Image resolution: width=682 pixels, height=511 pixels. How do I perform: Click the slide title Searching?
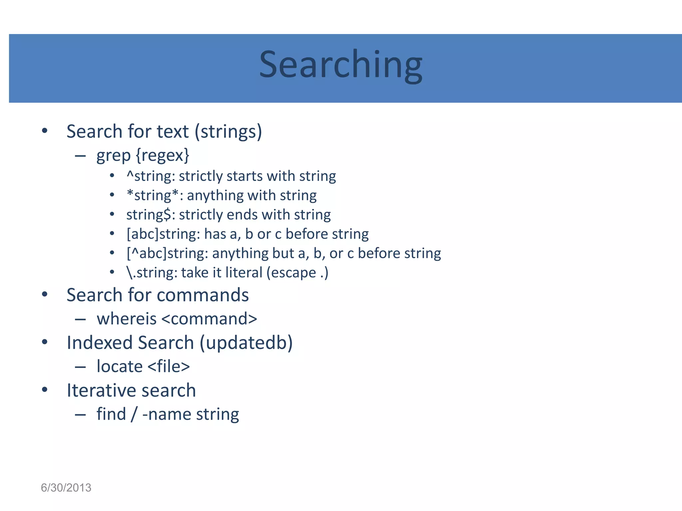tap(341, 65)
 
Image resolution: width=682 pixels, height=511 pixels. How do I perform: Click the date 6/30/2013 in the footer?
tap(66, 488)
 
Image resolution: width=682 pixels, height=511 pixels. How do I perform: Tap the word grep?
tap(113, 156)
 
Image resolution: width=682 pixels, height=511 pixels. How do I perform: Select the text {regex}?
tap(163, 156)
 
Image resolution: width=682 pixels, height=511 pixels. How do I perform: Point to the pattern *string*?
tap(155, 196)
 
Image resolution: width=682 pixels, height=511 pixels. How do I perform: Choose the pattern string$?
tap(151, 215)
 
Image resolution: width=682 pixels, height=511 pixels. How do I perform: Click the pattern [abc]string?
tap(163, 234)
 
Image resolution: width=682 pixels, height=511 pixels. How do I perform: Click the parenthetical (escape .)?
tap(297, 273)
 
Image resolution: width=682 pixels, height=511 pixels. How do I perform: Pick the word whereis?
tap(127, 319)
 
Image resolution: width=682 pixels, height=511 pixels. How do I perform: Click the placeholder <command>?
tap(209, 319)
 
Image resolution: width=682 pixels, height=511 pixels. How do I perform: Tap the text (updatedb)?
tap(246, 343)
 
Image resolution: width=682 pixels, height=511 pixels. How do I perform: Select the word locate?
tap(120, 367)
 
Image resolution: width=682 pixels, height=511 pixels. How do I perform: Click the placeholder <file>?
tap(169, 367)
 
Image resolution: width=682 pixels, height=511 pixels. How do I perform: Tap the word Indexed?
tap(100, 343)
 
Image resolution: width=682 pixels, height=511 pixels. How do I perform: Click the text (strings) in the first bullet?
tap(228, 132)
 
